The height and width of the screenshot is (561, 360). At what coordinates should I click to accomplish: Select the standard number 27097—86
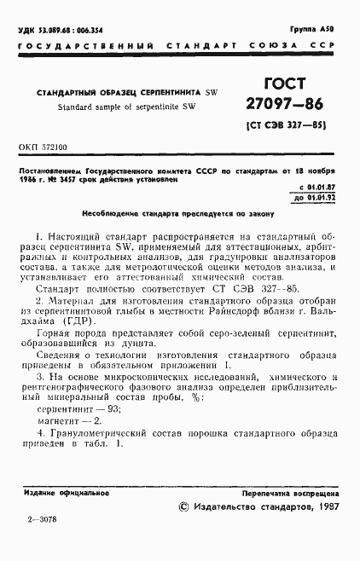[x=284, y=108]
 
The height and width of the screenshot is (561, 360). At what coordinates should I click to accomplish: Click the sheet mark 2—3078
[x=40, y=542]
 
